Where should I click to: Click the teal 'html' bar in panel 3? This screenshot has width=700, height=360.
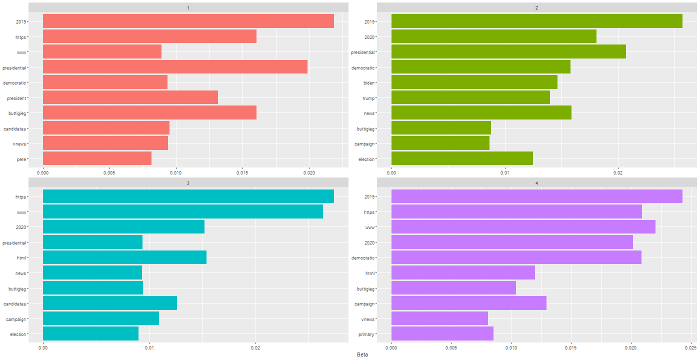pyautogui.click(x=124, y=257)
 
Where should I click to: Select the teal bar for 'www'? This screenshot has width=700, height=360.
pyautogui.click(x=183, y=212)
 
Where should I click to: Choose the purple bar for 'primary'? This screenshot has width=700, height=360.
pyautogui.click(x=442, y=334)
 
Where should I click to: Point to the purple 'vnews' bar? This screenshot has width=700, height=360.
pyautogui.click(x=439, y=318)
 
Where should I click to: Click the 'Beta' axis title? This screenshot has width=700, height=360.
pyautogui.click(x=362, y=354)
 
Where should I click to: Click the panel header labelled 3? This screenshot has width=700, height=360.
pyautogui.click(x=188, y=183)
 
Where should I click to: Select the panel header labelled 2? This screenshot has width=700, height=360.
pyautogui.click(x=536, y=8)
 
